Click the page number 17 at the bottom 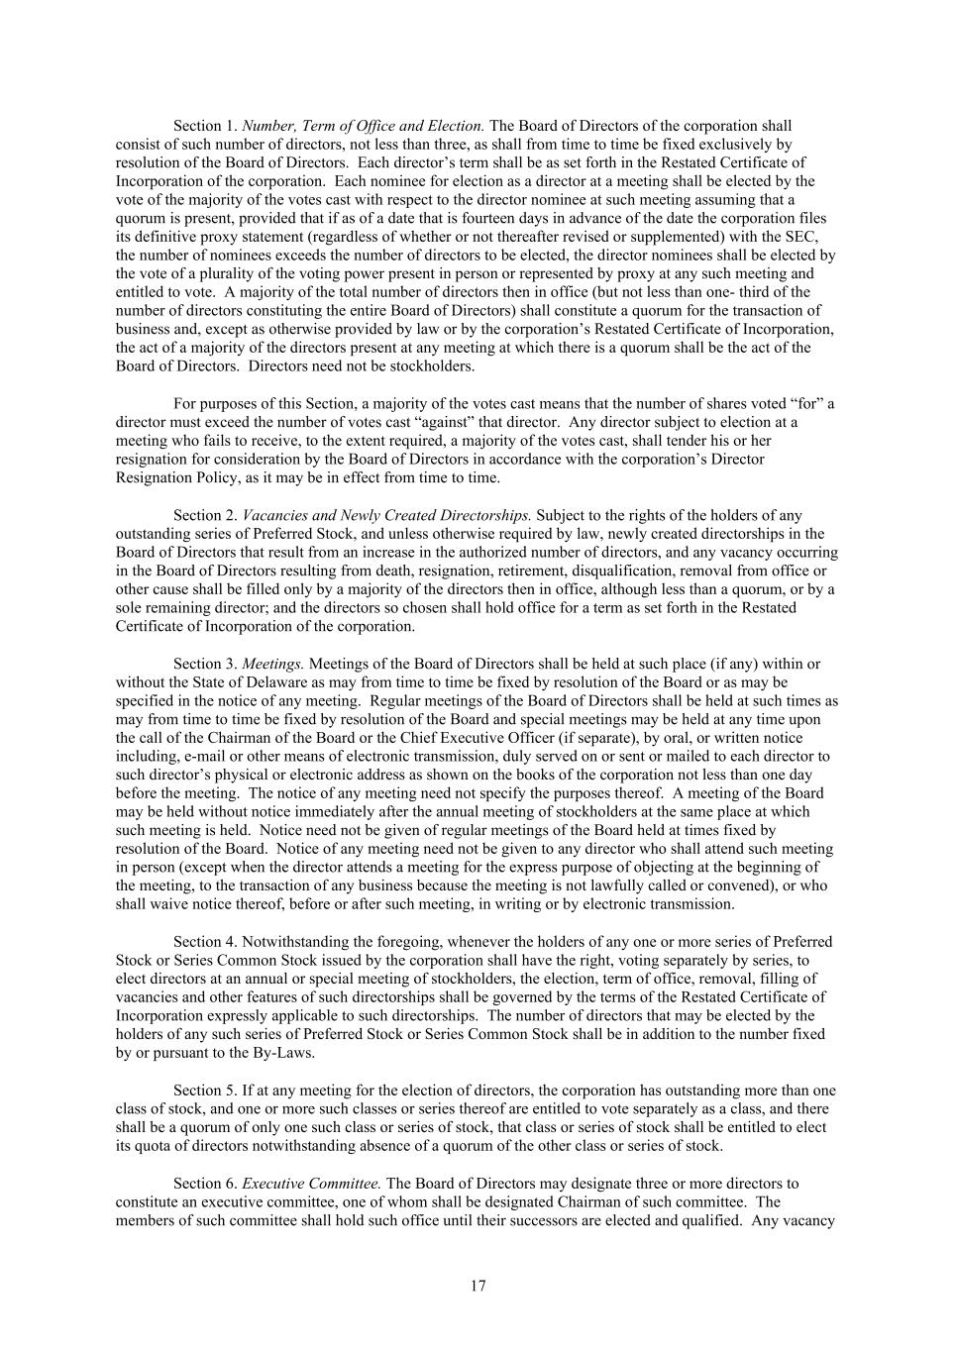pos(478,1286)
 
